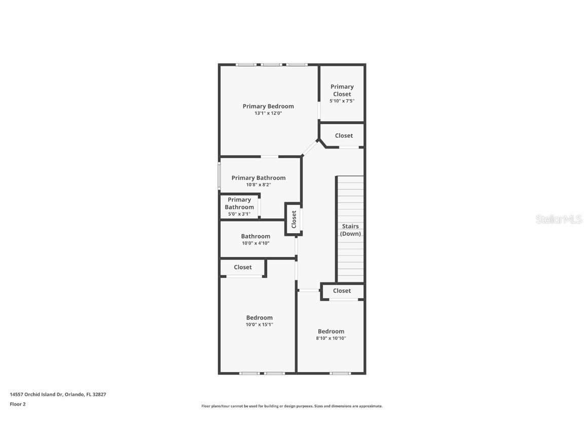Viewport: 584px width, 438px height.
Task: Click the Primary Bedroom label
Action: [268, 106]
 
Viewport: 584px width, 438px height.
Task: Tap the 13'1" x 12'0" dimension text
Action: [268, 114]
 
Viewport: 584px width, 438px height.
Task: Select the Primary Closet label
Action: [342, 90]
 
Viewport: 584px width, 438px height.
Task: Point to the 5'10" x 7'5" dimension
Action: [342, 101]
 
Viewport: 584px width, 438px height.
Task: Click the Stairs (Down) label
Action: [350, 230]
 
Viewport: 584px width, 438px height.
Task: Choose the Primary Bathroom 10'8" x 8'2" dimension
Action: [259, 185]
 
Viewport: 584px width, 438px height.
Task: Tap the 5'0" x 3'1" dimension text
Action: [239, 214]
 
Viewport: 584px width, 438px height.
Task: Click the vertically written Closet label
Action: [294, 220]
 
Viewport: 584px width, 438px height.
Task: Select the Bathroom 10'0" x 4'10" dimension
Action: [255, 243]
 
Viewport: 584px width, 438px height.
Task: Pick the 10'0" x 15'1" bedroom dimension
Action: [260, 324]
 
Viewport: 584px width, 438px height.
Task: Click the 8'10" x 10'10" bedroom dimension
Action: [331, 338]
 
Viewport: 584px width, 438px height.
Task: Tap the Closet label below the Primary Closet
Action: [344, 136]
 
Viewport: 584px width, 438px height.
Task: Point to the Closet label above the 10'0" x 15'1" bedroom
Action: [243, 267]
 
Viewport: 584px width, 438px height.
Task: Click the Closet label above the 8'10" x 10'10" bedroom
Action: [342, 291]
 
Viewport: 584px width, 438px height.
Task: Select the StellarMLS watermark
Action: [559, 220]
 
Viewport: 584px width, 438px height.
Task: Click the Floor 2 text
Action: [18, 404]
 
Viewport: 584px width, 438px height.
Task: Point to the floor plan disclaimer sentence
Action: [292, 406]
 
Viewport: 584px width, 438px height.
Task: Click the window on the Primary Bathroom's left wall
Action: [219, 175]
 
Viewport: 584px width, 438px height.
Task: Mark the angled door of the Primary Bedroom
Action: [310, 149]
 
